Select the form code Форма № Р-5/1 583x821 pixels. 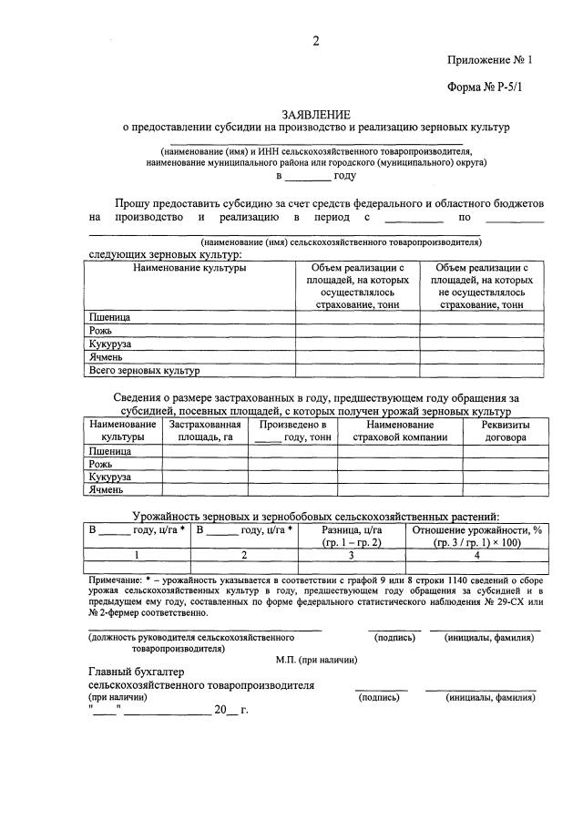coord(488,91)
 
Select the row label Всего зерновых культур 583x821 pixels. coord(144,371)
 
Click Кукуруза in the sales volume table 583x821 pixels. coord(110,344)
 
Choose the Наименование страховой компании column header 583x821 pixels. coord(400,431)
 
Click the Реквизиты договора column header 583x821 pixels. coord(506,431)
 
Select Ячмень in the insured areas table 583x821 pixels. coord(105,489)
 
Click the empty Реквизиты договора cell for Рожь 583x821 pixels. coord(506,464)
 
